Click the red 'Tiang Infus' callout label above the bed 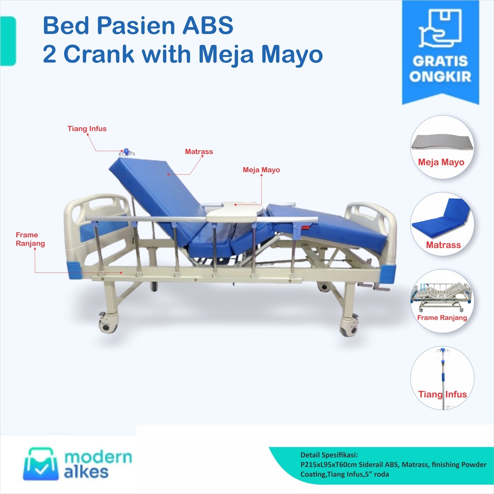point(87,129)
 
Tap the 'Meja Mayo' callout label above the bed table point(261,170)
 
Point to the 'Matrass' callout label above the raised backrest point(199,152)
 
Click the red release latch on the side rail point(306,228)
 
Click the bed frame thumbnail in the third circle point(441,295)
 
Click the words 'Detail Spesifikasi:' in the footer point(329,454)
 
